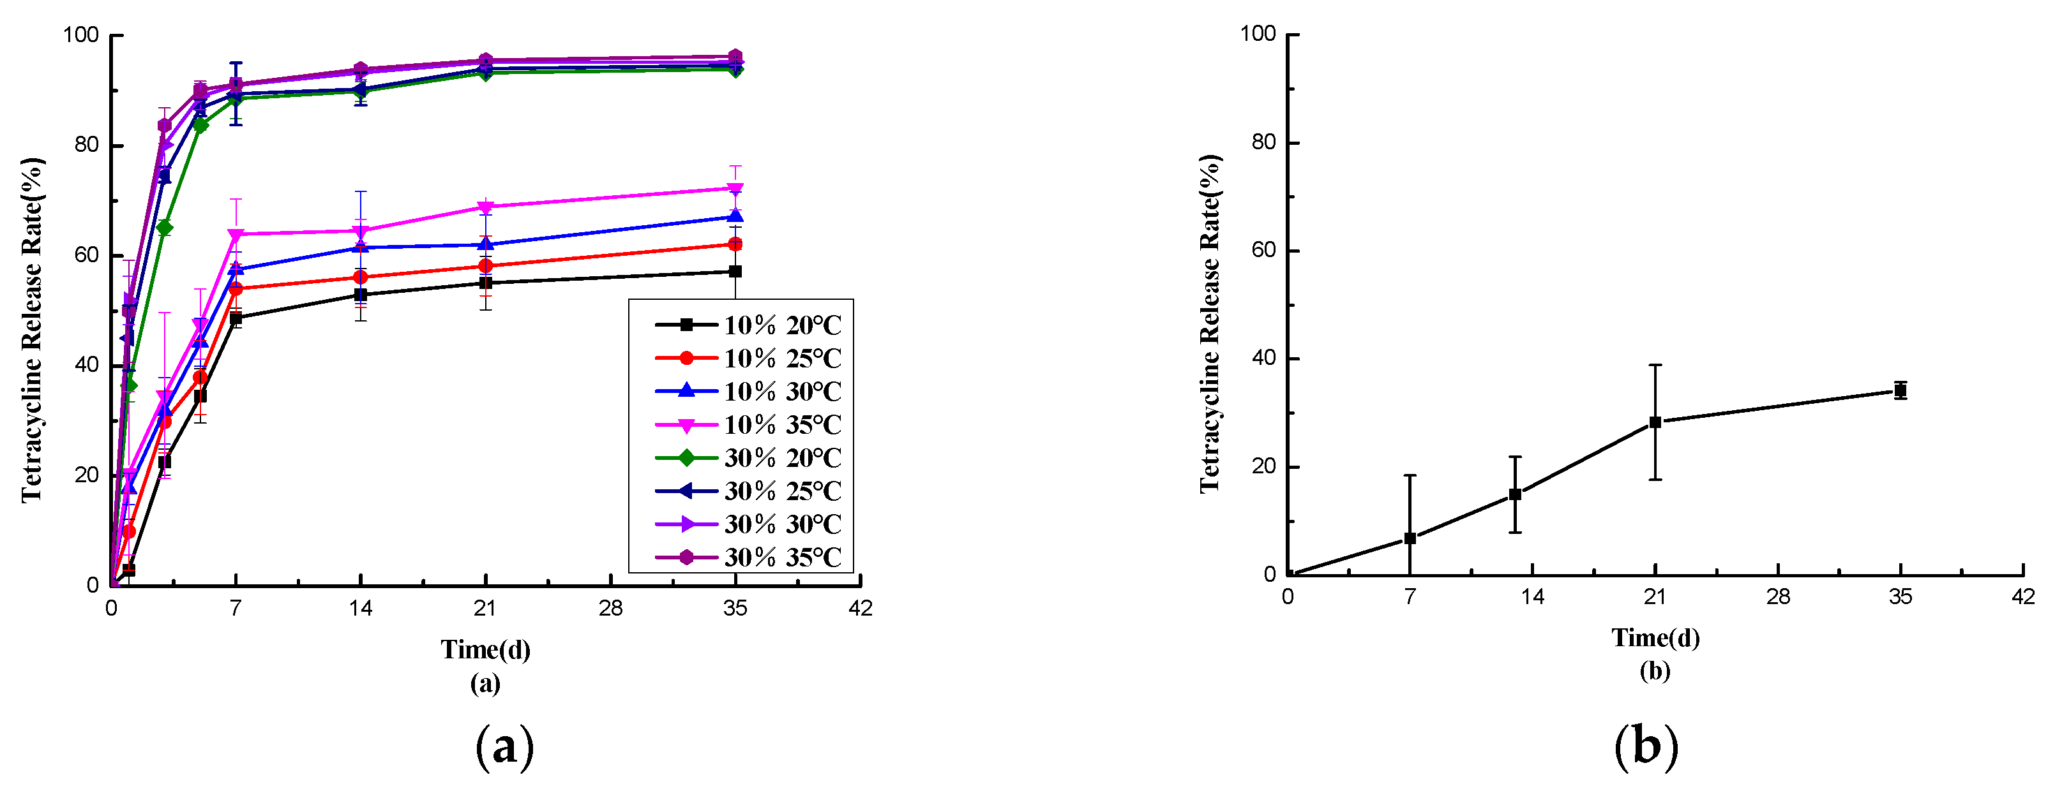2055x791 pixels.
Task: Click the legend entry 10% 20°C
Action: point(748,325)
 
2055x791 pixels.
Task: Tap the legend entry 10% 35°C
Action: point(748,424)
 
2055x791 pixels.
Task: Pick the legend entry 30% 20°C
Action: point(748,458)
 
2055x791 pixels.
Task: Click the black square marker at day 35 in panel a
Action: point(735,272)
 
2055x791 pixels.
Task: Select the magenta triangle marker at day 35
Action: point(735,189)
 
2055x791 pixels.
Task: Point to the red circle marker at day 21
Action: point(486,267)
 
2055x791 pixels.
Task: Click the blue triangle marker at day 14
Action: point(361,248)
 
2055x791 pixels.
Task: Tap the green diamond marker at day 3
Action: point(164,228)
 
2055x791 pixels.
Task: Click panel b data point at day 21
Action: point(1655,422)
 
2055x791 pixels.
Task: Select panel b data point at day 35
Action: point(1901,390)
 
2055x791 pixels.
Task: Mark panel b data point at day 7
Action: point(1410,538)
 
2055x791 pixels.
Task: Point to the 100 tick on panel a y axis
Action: point(80,35)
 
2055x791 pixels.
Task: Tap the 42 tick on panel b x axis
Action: point(2023,597)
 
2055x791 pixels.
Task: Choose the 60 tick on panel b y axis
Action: point(1263,250)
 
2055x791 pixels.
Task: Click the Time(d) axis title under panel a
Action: point(485,650)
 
